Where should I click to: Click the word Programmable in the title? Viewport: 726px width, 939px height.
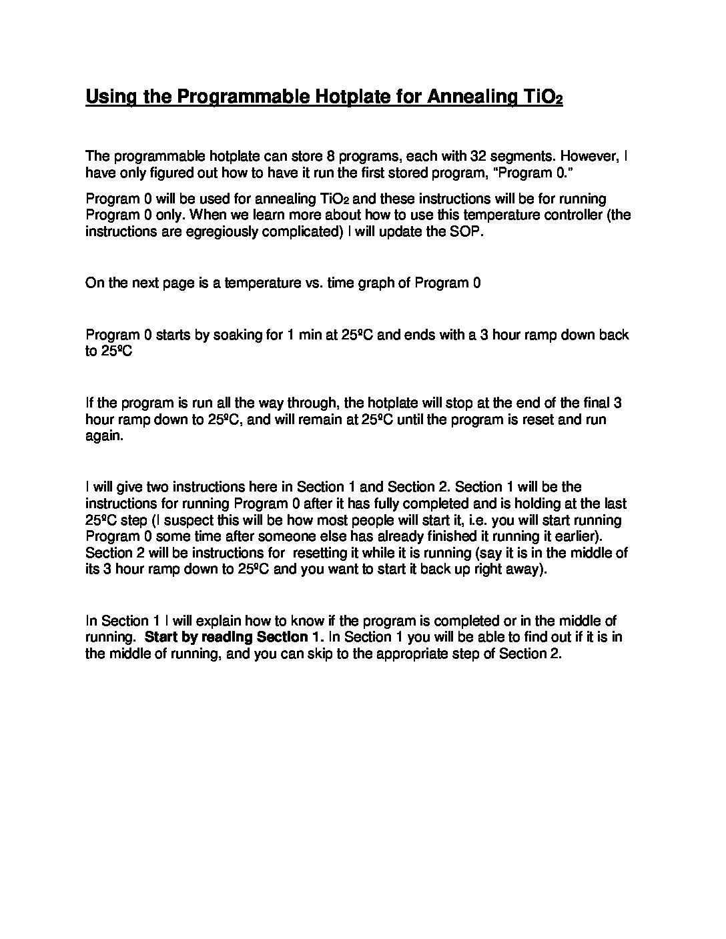[242, 97]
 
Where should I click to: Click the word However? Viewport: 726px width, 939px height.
[587, 156]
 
